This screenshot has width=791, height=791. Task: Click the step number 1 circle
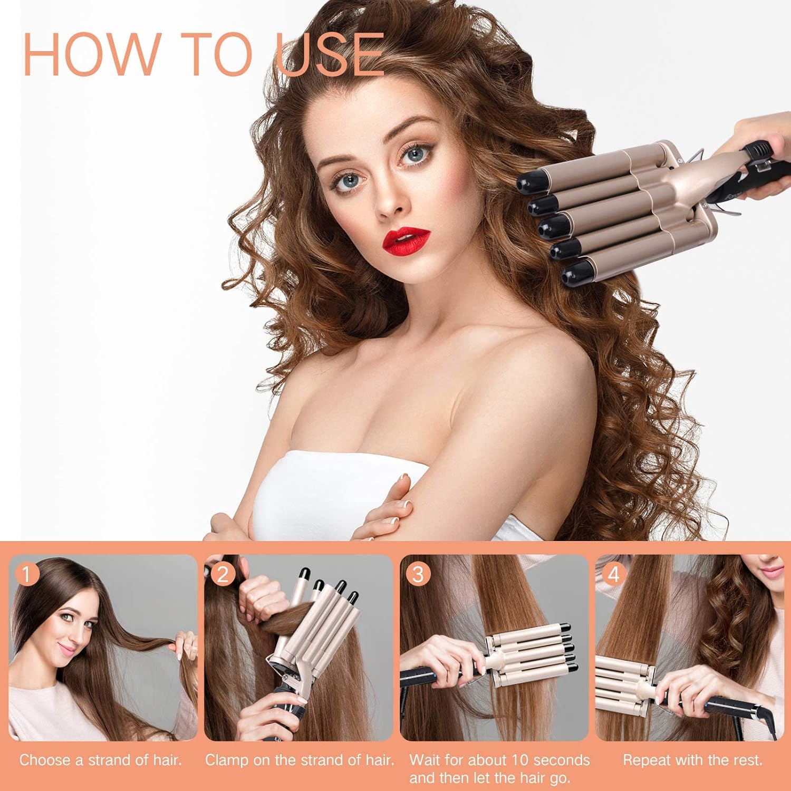[x=28, y=574]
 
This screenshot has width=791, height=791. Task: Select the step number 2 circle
[x=223, y=574]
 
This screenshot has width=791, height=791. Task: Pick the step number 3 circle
[x=418, y=574]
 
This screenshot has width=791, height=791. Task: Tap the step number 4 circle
[x=614, y=574]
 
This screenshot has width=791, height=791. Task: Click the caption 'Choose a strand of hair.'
[x=101, y=760]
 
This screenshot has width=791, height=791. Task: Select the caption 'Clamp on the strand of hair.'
[x=300, y=760]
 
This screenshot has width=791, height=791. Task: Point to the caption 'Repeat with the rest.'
[x=693, y=760]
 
